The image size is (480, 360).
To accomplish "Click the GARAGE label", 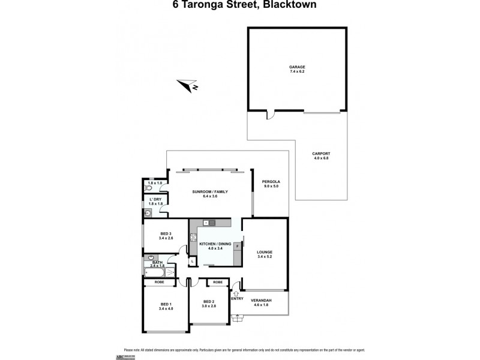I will pos(297,68).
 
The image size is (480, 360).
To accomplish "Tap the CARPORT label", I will pos(322,154).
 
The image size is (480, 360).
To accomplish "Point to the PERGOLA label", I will pos(271,182).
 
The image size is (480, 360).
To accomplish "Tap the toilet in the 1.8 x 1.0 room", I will pos(148,188).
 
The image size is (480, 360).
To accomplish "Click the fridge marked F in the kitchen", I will pos(237,246).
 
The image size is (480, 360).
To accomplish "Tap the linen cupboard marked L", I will pos(191,261).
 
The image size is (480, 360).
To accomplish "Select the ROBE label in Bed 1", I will pos(160,281).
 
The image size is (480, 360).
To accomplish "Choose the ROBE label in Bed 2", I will pos(218,281).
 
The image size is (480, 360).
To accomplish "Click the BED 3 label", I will pos(166,234).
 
